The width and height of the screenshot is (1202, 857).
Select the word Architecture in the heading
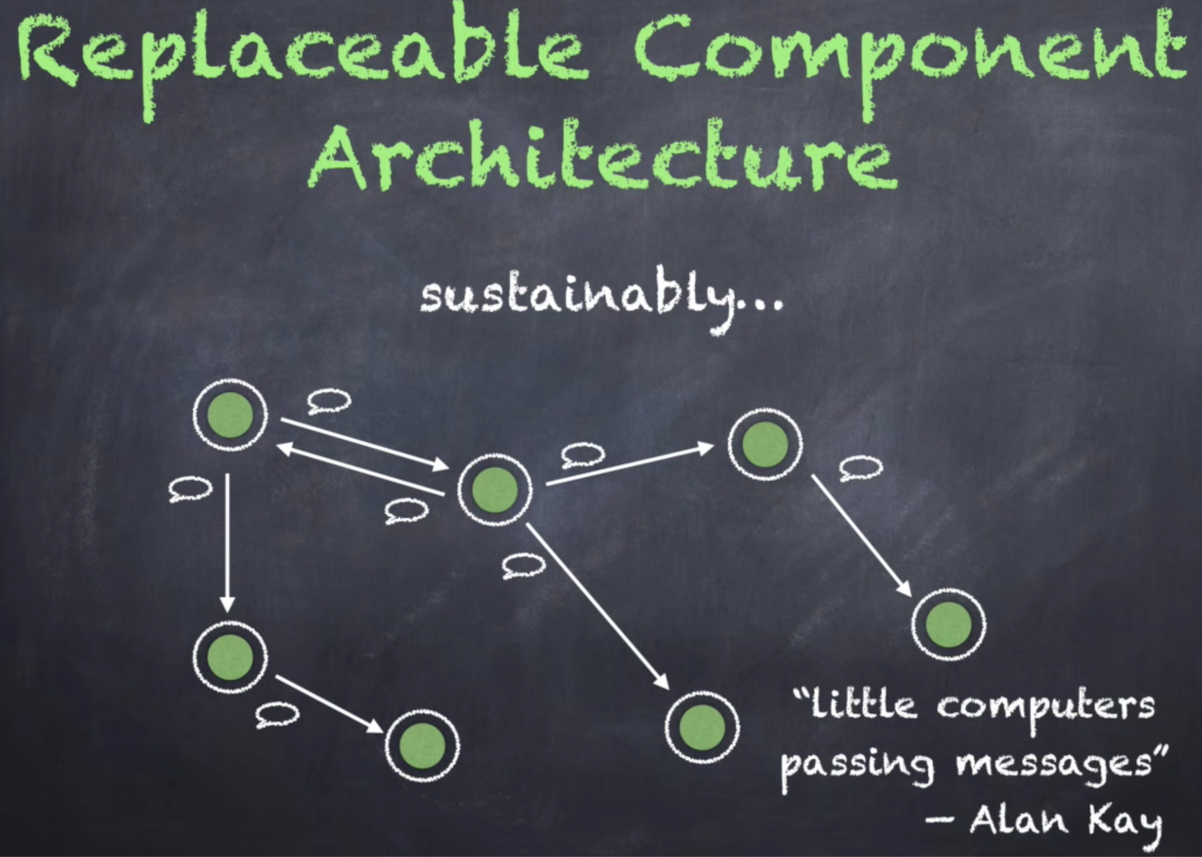click(602, 156)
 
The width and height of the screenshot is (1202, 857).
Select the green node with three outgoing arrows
click(495, 490)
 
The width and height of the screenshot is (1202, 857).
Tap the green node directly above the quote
click(948, 624)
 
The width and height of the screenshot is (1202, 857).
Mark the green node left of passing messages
click(702, 727)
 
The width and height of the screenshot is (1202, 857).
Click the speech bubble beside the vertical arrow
click(190, 489)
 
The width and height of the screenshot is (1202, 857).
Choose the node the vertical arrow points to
click(230, 657)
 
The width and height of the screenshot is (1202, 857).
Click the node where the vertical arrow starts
click(230, 415)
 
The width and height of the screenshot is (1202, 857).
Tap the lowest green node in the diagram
click(423, 745)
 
